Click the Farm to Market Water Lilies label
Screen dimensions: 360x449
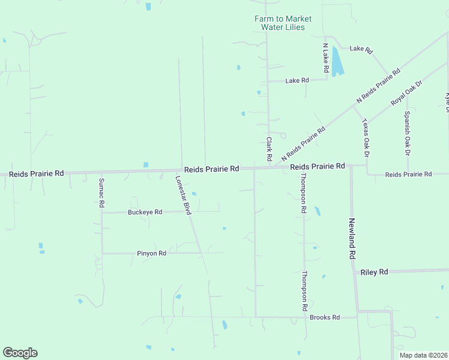pyautogui.click(x=283, y=23)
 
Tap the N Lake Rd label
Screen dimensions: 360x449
pyautogui.click(x=325, y=58)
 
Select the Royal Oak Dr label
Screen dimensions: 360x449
pyautogui.click(x=407, y=92)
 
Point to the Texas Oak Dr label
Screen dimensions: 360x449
pyautogui.click(x=366, y=138)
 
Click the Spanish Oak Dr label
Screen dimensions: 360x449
pyautogui.click(x=407, y=133)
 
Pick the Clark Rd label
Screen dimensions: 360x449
pyautogui.click(x=270, y=149)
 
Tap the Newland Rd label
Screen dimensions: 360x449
pyautogui.click(x=352, y=238)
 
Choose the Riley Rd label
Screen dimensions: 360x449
pyautogui.click(x=374, y=272)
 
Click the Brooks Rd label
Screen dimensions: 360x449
pyautogui.click(x=325, y=317)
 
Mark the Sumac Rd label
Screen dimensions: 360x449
pyautogui.click(x=102, y=193)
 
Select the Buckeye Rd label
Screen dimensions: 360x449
pyautogui.click(x=145, y=212)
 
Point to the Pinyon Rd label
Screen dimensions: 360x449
pyautogui.click(x=151, y=253)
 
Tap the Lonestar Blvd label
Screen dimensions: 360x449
pyautogui.click(x=182, y=196)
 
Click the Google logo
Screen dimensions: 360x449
pyautogui.click(x=20, y=353)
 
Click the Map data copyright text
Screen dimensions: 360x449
pyautogui.click(x=423, y=355)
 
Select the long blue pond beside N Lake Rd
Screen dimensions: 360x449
pyautogui.click(x=337, y=62)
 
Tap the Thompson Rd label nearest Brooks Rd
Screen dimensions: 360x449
pyautogui.click(x=305, y=290)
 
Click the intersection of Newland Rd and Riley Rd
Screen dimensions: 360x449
pyautogui.click(x=355, y=272)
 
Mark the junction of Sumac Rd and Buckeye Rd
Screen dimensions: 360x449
pyautogui.click(x=102, y=212)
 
